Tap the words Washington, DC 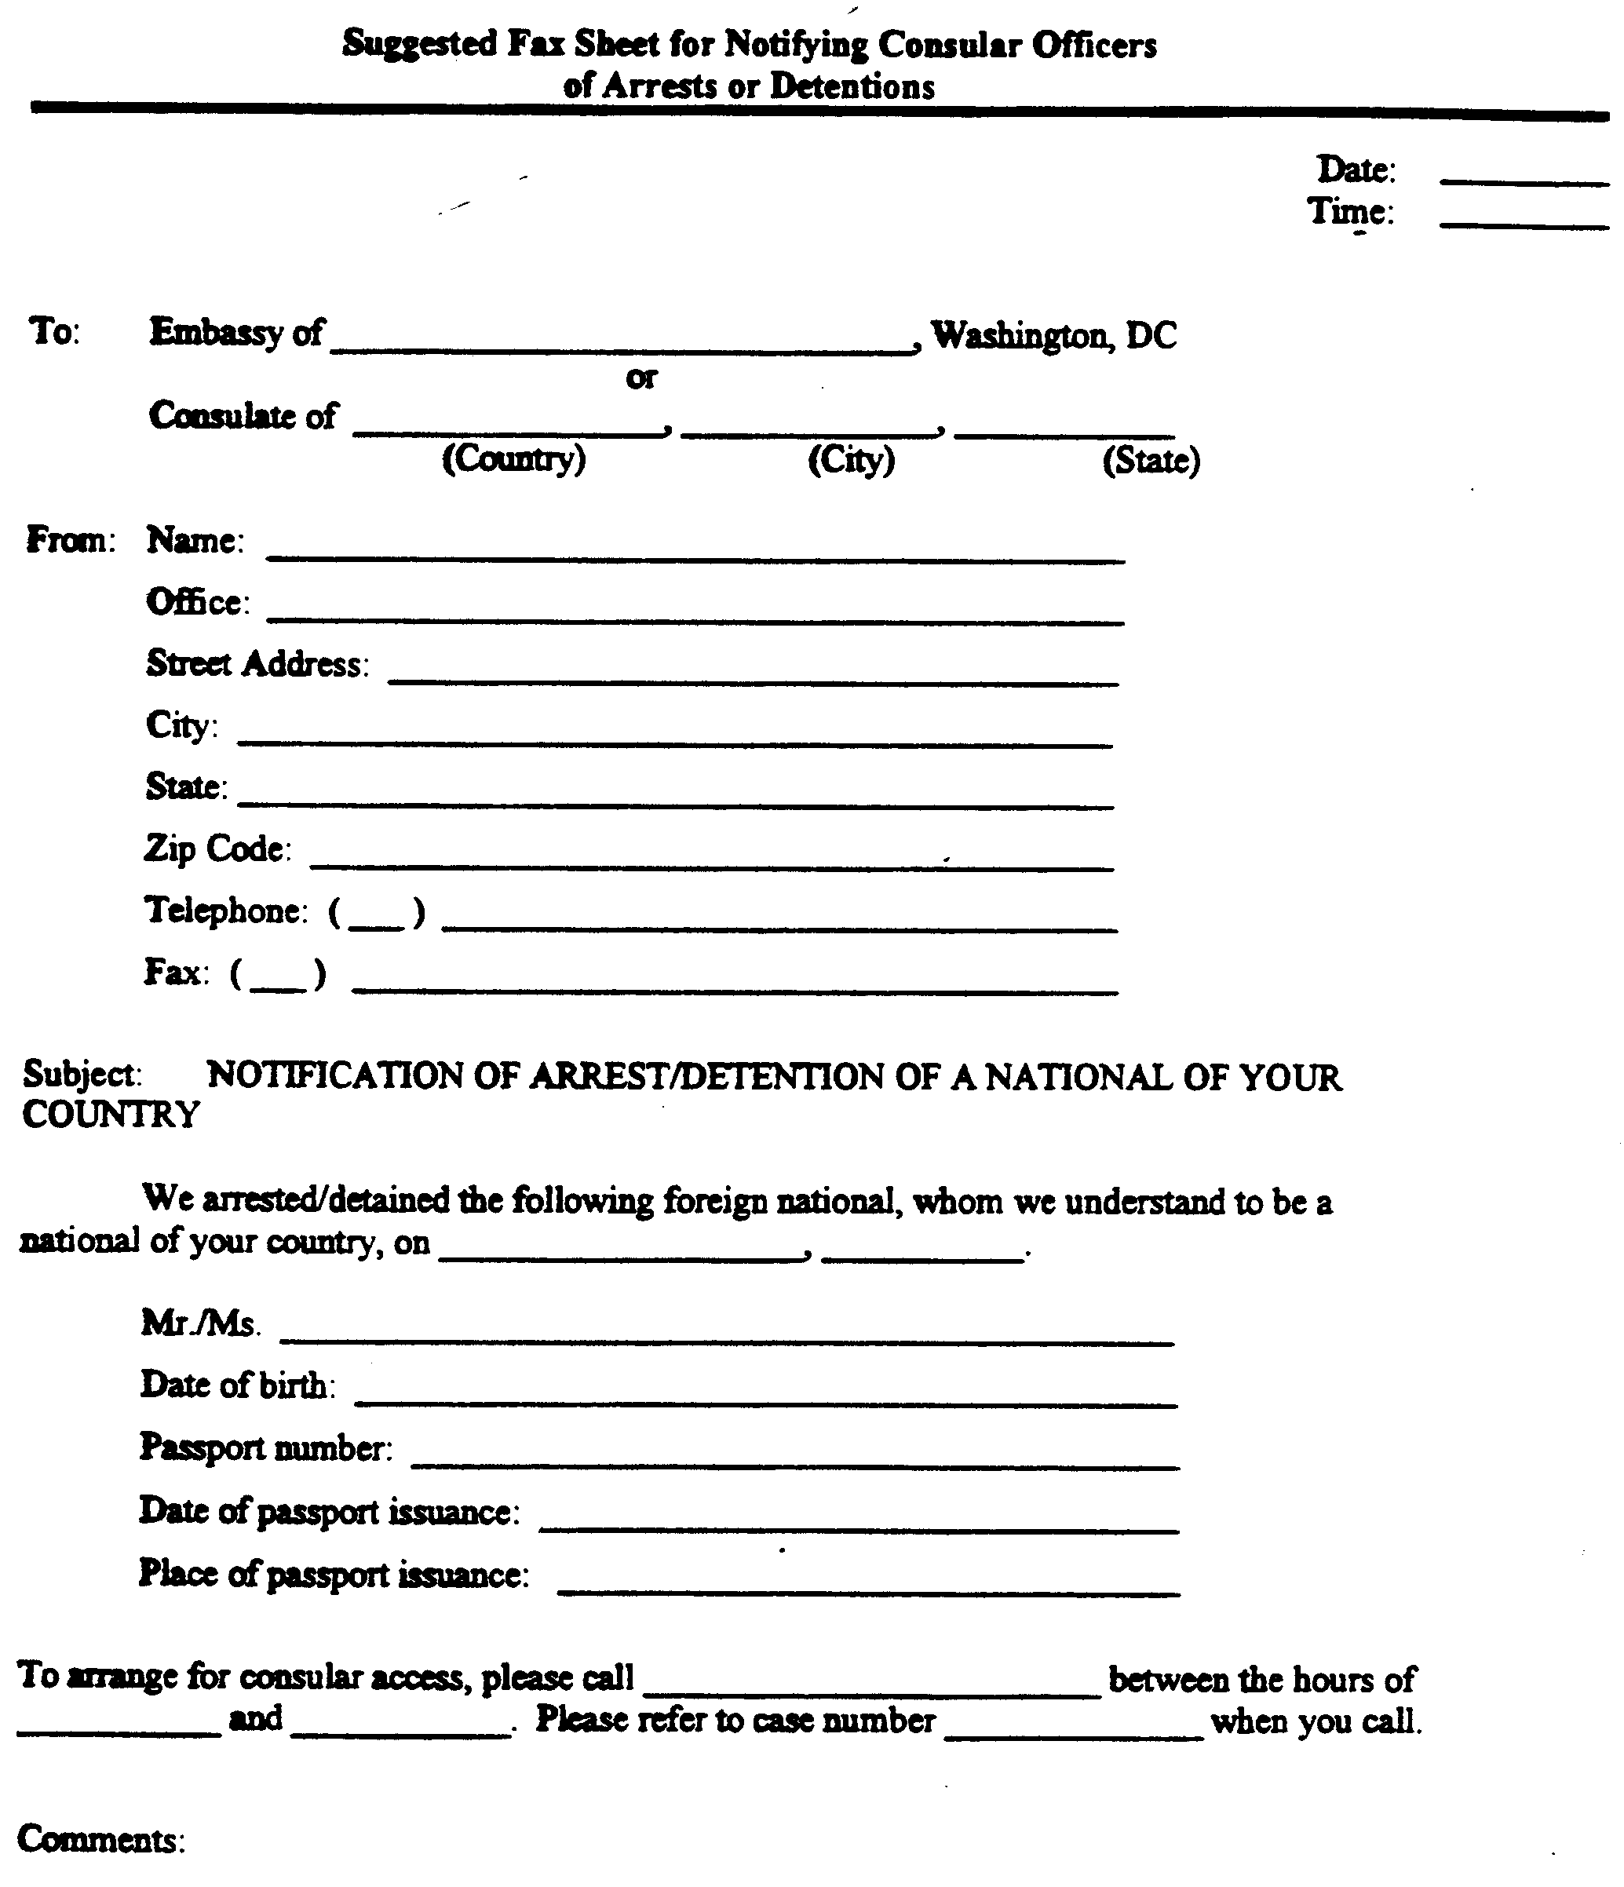(1054, 335)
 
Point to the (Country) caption (513, 459)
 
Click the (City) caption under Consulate (852, 460)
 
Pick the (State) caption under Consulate (1151, 461)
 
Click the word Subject (82, 1075)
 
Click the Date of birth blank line (765, 1400)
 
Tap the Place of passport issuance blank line (868, 1590)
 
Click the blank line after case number (1074, 1735)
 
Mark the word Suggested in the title (420, 44)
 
